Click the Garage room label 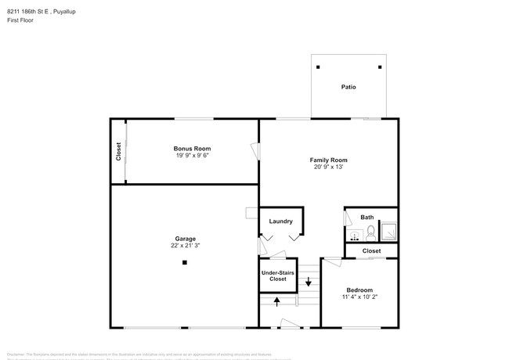186,239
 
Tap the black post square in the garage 185,263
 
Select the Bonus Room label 192,148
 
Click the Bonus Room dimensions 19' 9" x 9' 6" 192,155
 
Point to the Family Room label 328,160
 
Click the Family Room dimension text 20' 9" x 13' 328,167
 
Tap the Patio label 348,87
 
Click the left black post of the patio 318,67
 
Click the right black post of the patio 380,67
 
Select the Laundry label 280,221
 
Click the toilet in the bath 370,232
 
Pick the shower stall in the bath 388,232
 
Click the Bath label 367,217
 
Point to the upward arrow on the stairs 276,301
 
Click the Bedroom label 360,290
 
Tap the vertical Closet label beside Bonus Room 118,150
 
